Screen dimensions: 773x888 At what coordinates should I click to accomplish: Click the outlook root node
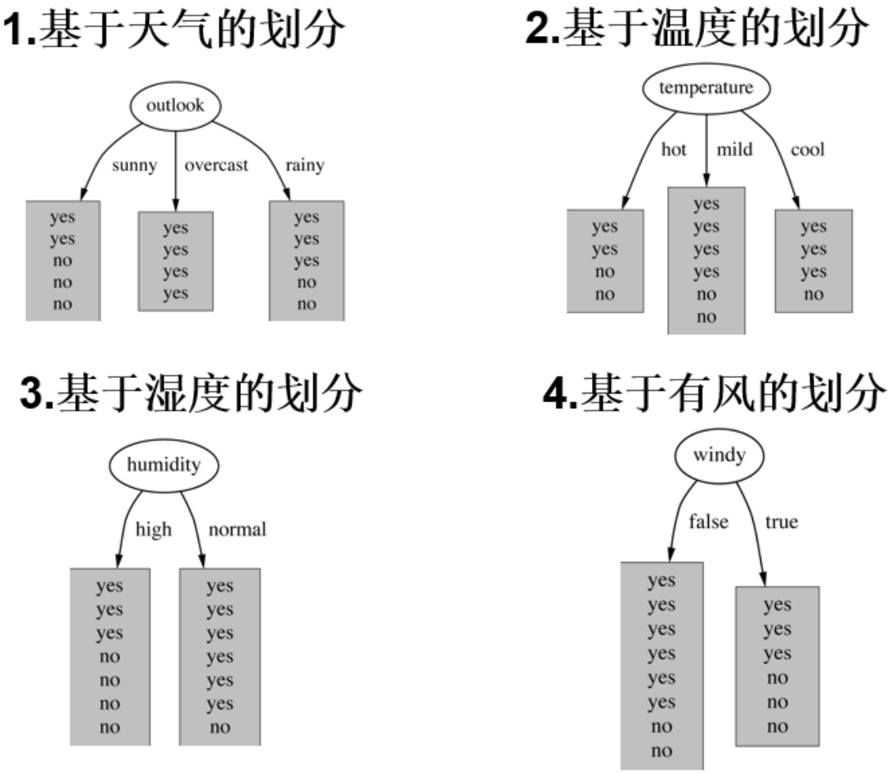(x=176, y=106)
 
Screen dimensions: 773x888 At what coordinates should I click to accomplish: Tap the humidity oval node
(x=164, y=465)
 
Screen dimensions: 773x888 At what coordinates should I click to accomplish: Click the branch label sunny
(x=133, y=165)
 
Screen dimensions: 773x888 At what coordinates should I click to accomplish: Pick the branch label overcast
(x=216, y=165)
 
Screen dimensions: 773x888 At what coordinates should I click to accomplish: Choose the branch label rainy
(x=304, y=165)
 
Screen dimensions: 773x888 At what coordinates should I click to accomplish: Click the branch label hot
(x=674, y=150)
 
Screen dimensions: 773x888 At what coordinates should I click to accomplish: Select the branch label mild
(x=734, y=150)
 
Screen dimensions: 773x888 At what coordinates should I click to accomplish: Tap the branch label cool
(x=807, y=150)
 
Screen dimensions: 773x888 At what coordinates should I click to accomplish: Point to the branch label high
(x=154, y=529)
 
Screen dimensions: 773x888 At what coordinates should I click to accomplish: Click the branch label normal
(x=237, y=529)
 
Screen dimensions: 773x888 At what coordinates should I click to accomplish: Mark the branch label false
(x=708, y=521)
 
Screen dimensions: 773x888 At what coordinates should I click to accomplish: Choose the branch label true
(x=781, y=521)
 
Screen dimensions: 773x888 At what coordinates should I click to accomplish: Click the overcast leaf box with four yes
(x=175, y=261)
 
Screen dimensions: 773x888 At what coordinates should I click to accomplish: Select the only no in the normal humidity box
(x=219, y=727)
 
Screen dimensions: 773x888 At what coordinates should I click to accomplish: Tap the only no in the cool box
(x=814, y=294)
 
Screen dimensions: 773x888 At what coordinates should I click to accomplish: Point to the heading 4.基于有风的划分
(x=715, y=396)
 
